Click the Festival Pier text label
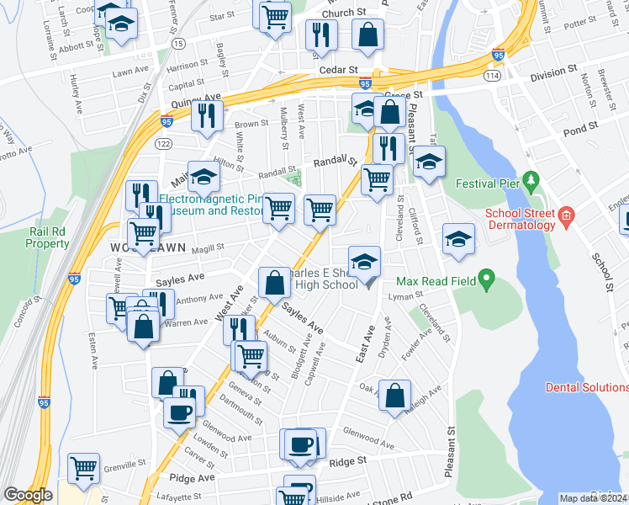(x=488, y=183)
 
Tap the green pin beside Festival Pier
(x=530, y=180)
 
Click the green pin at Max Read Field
(x=485, y=279)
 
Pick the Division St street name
(x=553, y=72)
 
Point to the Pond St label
(x=581, y=127)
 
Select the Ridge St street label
(x=348, y=461)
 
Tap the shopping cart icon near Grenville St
(x=83, y=468)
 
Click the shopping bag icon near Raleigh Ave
(x=394, y=394)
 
